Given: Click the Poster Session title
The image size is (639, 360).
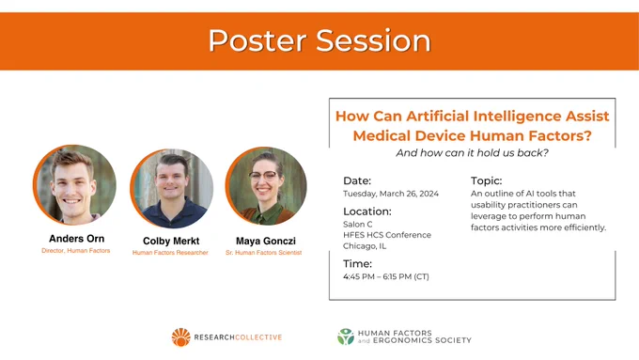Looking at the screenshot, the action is click(x=319, y=40).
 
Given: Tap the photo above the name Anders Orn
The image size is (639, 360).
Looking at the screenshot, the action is click(x=74, y=184).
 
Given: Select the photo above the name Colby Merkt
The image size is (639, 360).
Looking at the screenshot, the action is click(x=172, y=188).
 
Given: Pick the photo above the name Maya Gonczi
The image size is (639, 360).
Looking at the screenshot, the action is click(x=266, y=186).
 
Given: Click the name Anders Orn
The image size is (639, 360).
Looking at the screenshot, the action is click(x=77, y=239).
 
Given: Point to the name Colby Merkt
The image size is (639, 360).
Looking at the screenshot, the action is click(x=171, y=241).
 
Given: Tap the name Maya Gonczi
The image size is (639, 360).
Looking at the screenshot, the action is click(x=266, y=241).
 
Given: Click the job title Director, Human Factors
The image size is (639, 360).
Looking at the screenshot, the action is click(x=76, y=251).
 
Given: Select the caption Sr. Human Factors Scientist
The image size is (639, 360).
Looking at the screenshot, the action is click(x=264, y=253).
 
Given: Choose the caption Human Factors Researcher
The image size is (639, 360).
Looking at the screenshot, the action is click(x=170, y=253).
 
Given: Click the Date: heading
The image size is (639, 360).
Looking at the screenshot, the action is click(x=357, y=180).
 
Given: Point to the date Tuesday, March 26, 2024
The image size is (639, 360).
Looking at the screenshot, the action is click(x=391, y=194).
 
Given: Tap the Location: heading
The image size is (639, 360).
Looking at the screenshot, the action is click(x=367, y=211).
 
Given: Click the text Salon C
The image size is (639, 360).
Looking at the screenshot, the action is click(x=357, y=225).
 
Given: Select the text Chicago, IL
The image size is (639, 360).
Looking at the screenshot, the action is click(x=365, y=246).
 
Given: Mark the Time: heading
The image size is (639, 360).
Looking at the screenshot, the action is click(x=357, y=264).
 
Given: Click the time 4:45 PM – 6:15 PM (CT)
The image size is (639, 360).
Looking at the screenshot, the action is click(x=386, y=277).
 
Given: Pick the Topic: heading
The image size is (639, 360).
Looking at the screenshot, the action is click(x=486, y=180).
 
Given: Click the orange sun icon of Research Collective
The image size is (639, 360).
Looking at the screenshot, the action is click(x=181, y=337).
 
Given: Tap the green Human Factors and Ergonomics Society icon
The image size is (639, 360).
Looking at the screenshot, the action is click(x=346, y=337).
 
